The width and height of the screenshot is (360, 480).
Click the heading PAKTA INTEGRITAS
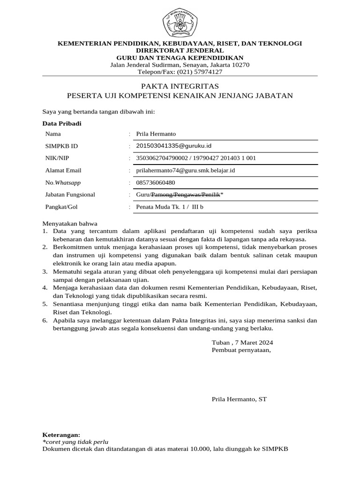pyautogui.click(x=180, y=86)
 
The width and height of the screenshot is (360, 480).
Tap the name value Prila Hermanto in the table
pyautogui.click(x=156, y=134)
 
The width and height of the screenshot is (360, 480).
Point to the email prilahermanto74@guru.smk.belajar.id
pyautogui.click(x=185, y=170)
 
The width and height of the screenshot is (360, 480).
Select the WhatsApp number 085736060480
pyautogui.click(x=156, y=182)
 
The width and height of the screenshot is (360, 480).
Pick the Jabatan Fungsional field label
pyautogui.click(x=70, y=195)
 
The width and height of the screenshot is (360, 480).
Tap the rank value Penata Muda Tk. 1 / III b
pyautogui.click(x=170, y=207)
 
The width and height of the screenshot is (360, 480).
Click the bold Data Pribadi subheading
pyautogui.click(x=62, y=123)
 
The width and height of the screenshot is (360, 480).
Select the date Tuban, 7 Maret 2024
pyautogui.click(x=242, y=342)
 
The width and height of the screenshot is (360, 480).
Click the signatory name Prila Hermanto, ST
pyautogui.click(x=239, y=399)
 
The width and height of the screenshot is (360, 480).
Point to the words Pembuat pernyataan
pyautogui.click(x=241, y=350)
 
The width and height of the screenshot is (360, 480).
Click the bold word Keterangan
pyautogui.click(x=61, y=435)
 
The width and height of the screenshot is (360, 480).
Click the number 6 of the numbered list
pyautogui.click(x=45, y=321)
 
